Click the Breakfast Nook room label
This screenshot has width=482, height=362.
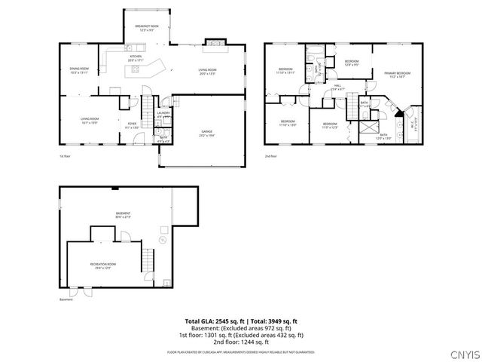pos(147,28)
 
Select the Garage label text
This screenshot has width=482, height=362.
pos(206,133)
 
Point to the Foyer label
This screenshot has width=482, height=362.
pos(132,125)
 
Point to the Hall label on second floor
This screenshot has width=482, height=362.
pos(338,87)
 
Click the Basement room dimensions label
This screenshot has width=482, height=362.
pos(123,216)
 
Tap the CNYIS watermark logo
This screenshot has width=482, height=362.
pos(462,352)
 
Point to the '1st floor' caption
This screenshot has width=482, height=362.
pos(65,156)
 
